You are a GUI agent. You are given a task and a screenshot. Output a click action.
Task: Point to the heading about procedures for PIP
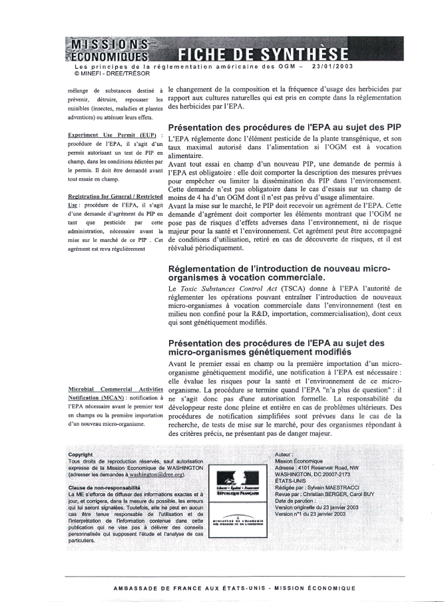point(284,127)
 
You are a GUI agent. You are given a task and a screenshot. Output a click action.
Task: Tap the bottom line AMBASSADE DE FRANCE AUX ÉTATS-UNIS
point(234,587)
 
